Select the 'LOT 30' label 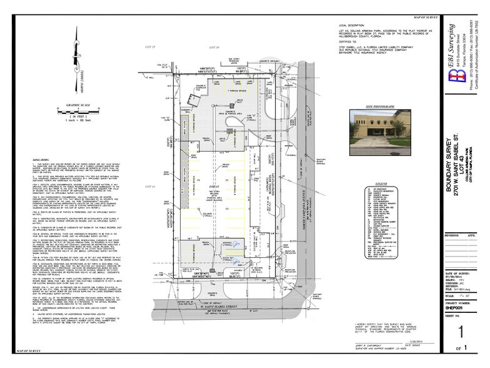click(x=215, y=47)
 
